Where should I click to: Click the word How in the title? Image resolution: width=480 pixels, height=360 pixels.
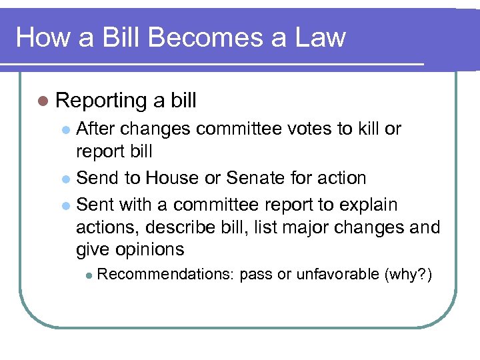(x=39, y=37)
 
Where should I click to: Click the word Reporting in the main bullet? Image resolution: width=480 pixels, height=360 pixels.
(x=101, y=101)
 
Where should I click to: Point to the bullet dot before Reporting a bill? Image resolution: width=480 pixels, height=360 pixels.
(x=43, y=101)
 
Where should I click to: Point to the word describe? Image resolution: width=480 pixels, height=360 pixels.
(x=193, y=227)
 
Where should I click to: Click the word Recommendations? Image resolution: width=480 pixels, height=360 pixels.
(x=166, y=275)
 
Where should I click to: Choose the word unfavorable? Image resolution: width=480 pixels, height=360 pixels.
(x=337, y=275)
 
